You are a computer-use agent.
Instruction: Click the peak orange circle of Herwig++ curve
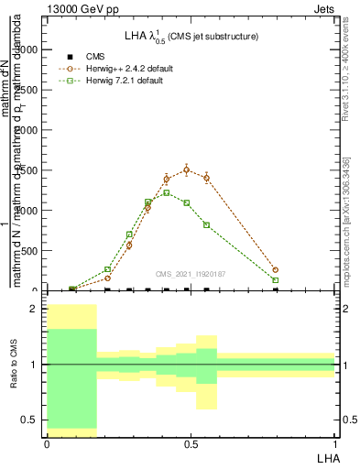[x=187, y=169]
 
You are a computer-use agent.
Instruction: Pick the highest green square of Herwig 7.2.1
[x=167, y=192]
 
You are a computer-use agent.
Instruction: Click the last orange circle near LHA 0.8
[x=276, y=270]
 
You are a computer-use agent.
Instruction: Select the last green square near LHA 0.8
[x=276, y=280]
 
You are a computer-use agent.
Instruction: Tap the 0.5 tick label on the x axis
[x=191, y=443]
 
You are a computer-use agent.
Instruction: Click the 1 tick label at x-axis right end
[x=335, y=443]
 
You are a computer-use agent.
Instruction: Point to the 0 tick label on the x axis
[x=47, y=443]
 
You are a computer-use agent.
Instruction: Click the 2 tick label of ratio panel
[x=32, y=310]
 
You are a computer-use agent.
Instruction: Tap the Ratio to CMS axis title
[x=13, y=365]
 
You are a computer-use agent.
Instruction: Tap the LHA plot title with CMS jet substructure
[x=191, y=36]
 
